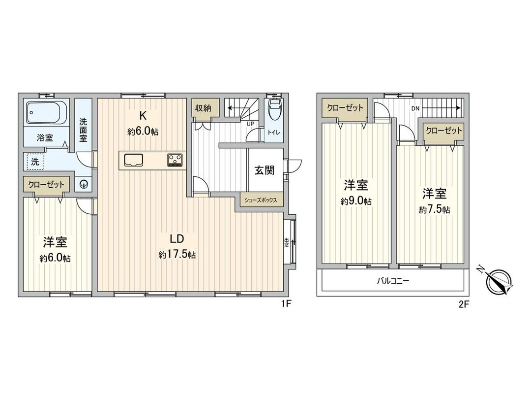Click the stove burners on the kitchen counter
pyautogui.click(x=175, y=159)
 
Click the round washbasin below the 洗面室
pyautogui.click(x=85, y=184)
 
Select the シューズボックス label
pyautogui.click(x=261, y=200)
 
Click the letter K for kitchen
pyautogui.click(x=143, y=116)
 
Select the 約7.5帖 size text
pyautogui.click(x=434, y=209)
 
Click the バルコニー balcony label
pyautogui.click(x=392, y=281)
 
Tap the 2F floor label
pyautogui.click(x=464, y=304)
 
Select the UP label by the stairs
pyautogui.click(x=250, y=124)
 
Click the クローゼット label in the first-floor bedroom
pyautogui.click(x=46, y=185)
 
